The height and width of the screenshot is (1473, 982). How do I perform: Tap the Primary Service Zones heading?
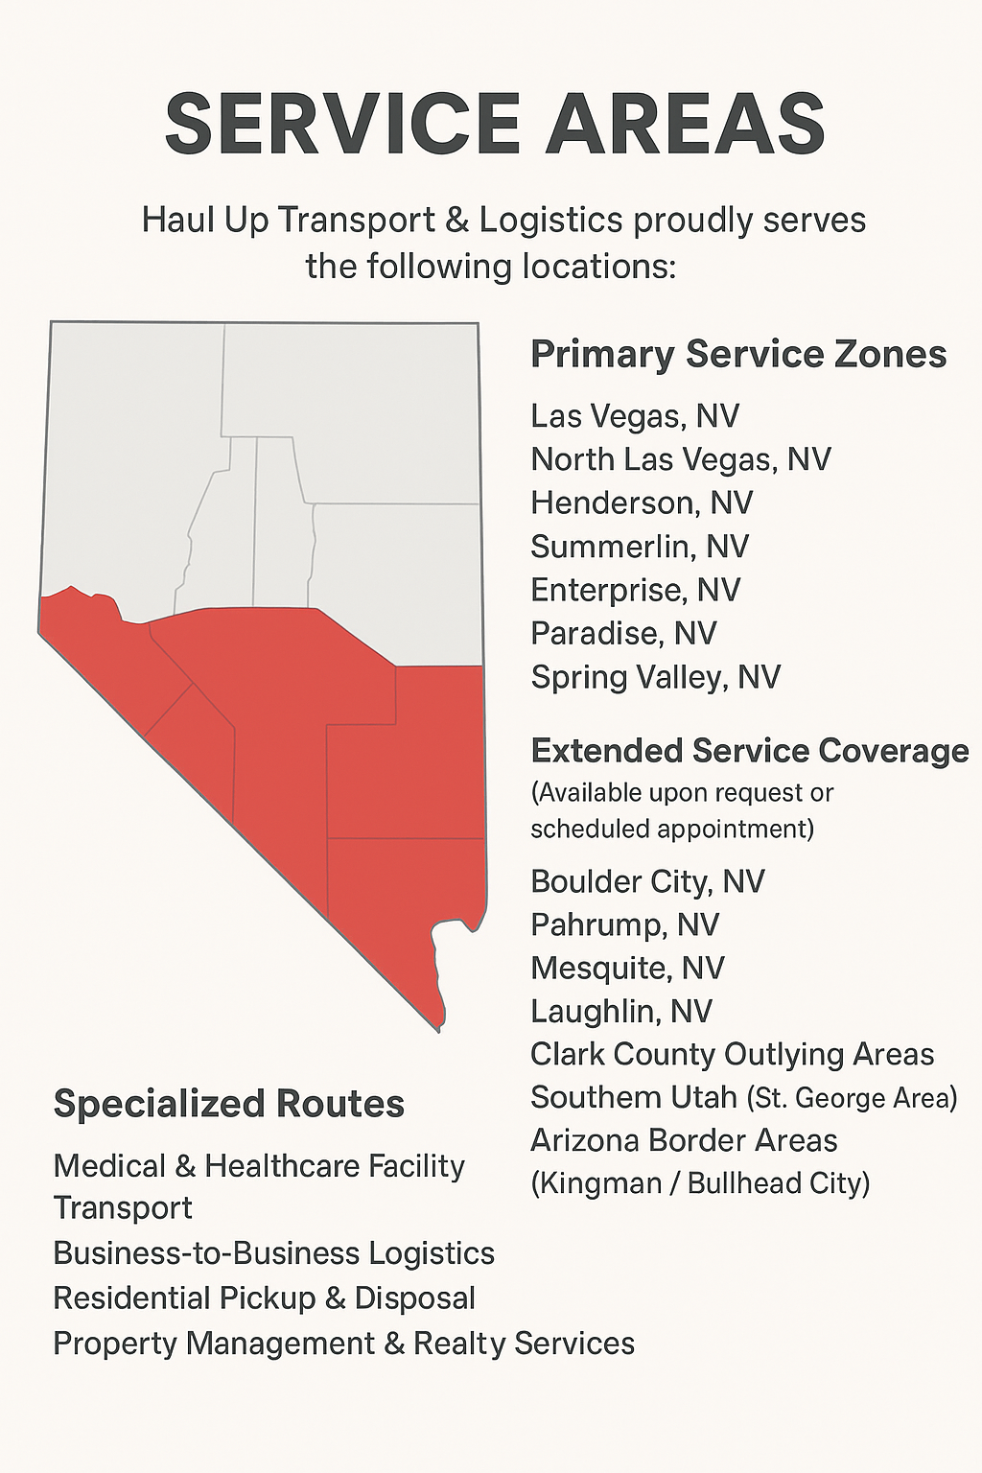(x=738, y=354)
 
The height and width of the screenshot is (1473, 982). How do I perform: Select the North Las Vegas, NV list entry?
(x=681, y=459)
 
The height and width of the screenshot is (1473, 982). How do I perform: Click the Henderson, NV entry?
(x=642, y=503)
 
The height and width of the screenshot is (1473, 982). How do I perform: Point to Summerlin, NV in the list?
(x=640, y=547)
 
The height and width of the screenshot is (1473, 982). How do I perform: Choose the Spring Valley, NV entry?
(x=656, y=677)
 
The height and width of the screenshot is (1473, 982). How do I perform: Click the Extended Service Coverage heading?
(x=750, y=750)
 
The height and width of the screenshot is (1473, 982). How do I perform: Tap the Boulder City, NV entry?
(x=647, y=881)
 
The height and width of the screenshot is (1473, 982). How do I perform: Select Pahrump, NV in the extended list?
(x=625, y=924)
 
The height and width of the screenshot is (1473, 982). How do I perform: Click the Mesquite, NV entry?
(x=627, y=968)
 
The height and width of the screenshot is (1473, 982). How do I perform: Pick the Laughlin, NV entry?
(x=621, y=1011)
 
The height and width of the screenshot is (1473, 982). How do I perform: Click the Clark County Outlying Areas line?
(x=732, y=1054)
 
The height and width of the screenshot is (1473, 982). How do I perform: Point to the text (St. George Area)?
(x=852, y=1098)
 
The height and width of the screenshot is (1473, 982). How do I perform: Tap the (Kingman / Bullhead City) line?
(x=700, y=1183)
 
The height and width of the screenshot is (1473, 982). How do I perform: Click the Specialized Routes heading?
(x=229, y=1104)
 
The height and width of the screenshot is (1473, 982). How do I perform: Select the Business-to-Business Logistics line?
(x=274, y=1253)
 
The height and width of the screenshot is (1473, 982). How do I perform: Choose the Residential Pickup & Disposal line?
(x=265, y=1298)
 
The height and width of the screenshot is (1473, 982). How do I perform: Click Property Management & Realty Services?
(x=343, y=1344)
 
